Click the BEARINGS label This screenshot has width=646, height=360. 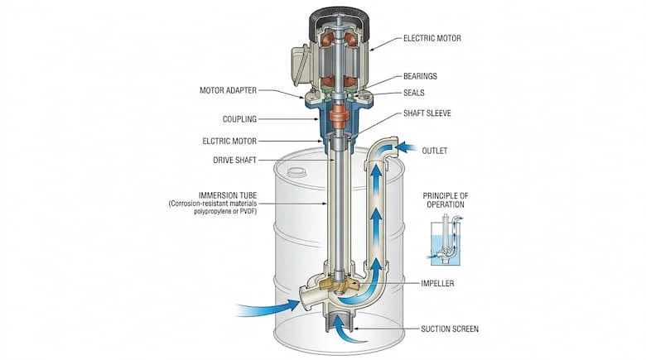point(420,76)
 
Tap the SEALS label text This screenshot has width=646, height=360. point(414,93)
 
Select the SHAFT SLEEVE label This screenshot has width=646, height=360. point(427,113)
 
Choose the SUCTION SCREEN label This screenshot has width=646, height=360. point(448,329)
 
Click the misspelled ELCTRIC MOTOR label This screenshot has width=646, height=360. point(229,141)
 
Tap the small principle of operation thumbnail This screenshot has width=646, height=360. point(445,241)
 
